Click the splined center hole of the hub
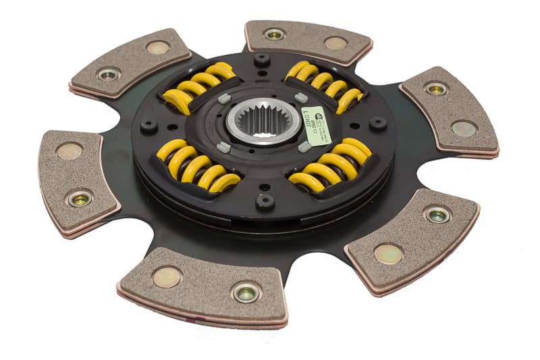coord(259,122)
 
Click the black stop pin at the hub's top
coord(262,59)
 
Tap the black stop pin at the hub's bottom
coord(265,200)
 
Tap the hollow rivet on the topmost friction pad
coord(274,34)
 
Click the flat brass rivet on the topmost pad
coord(335,43)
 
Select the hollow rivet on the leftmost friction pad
coord(80,198)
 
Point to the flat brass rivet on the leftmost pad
coord(70,151)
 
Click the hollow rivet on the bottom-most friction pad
coord(246,292)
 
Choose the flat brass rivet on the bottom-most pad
coord(167,276)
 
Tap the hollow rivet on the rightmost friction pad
coord(436,88)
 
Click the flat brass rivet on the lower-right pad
coord(389,253)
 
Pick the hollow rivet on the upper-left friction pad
coord(108,74)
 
